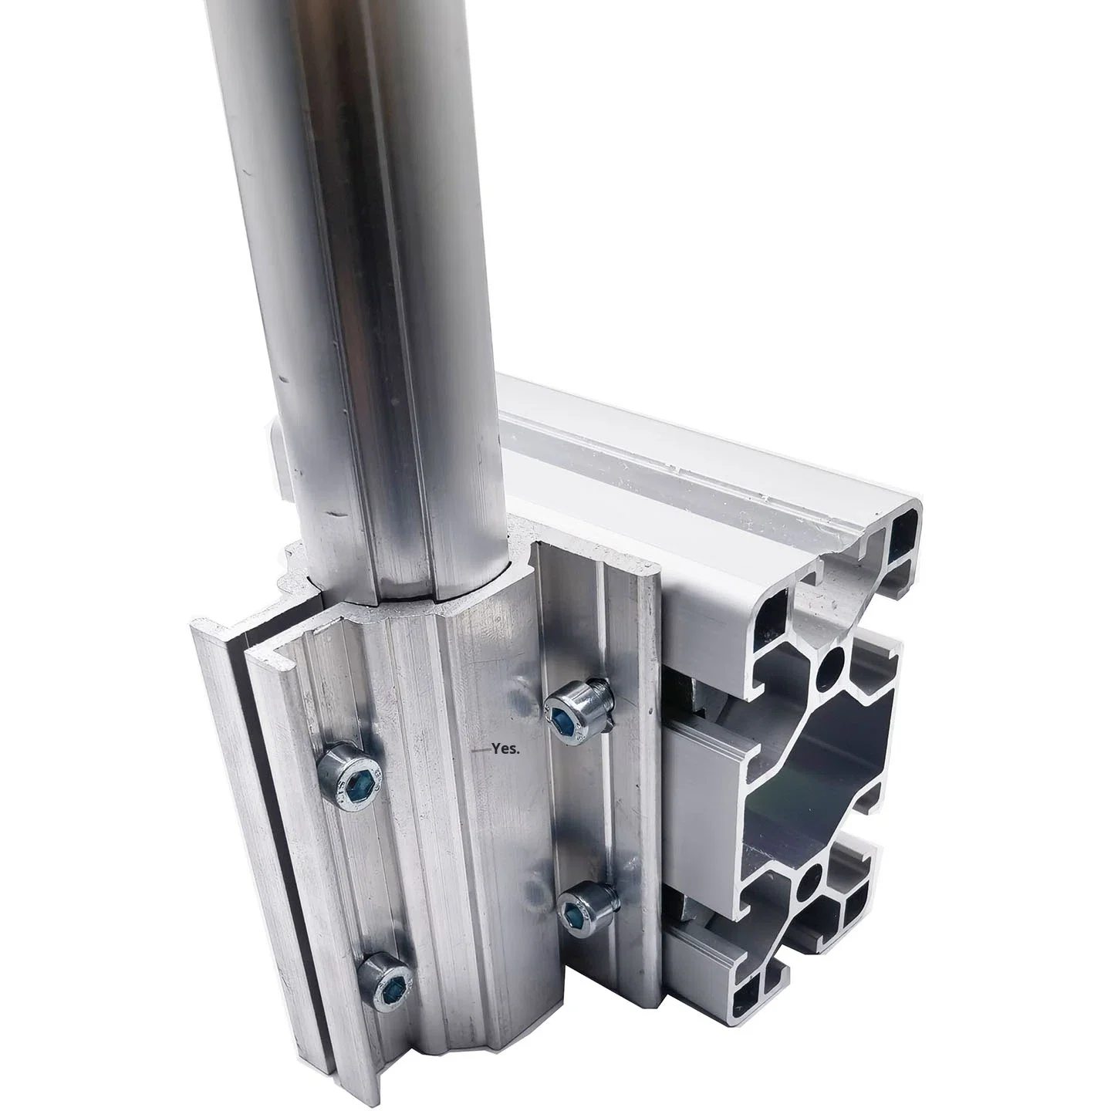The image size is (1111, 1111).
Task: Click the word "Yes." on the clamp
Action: [x=506, y=748]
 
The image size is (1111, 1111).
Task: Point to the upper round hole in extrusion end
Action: [x=833, y=662]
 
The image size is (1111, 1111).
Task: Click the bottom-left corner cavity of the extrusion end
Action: [x=751, y=1001]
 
